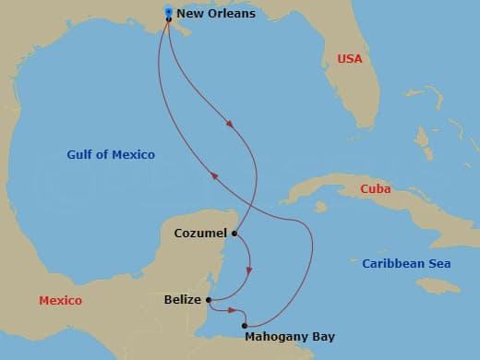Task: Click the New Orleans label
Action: (215, 14)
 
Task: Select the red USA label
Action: (350, 59)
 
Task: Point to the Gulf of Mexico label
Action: (111, 154)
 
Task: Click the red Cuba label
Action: (375, 190)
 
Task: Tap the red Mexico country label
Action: (60, 301)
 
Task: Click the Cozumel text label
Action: (200, 234)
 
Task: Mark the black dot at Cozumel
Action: (234, 234)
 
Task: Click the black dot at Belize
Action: (210, 300)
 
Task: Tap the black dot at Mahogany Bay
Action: (245, 325)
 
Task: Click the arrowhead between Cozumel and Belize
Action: (248, 270)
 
